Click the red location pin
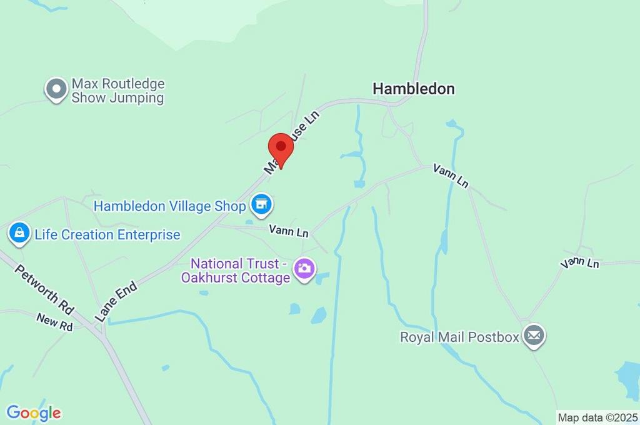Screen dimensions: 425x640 (x=281, y=149)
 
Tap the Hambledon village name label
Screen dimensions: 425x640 (x=413, y=89)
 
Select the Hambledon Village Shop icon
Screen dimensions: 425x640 (x=261, y=203)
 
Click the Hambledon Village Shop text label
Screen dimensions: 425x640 (x=170, y=206)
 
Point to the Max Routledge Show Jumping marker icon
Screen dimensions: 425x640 (x=56, y=89)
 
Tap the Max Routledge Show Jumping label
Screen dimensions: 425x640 (x=117, y=91)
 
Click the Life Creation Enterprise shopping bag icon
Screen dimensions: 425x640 (x=20, y=234)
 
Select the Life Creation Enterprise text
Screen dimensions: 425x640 (x=107, y=235)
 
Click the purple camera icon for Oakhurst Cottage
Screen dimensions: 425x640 (x=304, y=269)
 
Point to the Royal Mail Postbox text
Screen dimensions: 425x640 (x=459, y=337)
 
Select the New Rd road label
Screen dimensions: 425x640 (x=55, y=321)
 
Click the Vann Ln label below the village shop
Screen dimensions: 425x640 (x=289, y=231)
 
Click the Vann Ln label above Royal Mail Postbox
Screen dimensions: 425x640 (x=579, y=263)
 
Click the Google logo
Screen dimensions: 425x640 (x=34, y=412)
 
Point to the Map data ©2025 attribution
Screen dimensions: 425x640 (x=597, y=417)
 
